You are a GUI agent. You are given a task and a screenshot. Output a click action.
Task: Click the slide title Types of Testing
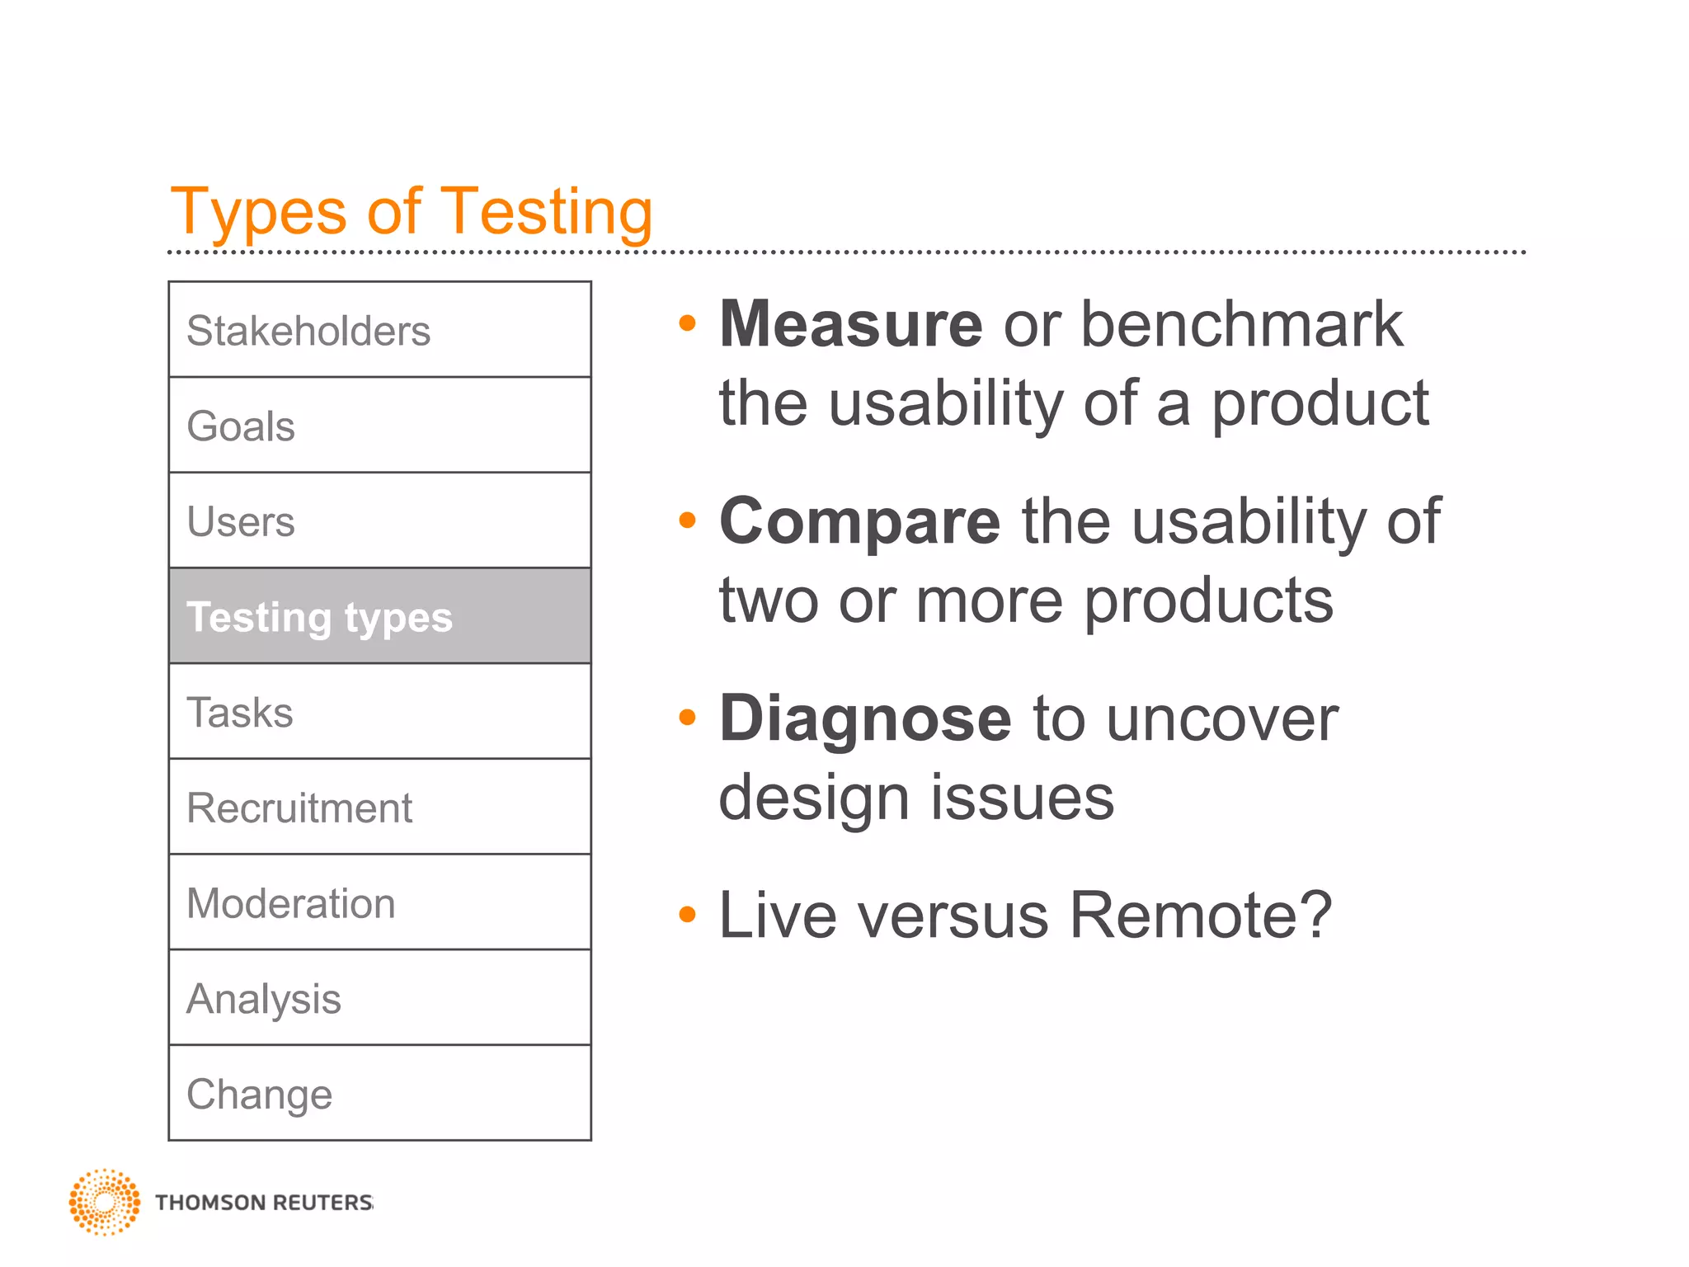tap(411, 211)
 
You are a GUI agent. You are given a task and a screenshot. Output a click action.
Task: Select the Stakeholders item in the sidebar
tap(379, 330)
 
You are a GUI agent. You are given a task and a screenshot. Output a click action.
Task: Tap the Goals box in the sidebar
tap(379, 426)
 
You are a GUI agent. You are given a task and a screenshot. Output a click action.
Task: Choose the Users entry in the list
tap(379, 521)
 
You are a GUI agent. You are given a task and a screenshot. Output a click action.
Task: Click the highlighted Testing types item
tap(379, 616)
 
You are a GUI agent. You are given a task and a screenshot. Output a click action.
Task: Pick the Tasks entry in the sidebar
tap(379, 712)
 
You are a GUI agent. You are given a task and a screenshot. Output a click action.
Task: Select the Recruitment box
tap(379, 808)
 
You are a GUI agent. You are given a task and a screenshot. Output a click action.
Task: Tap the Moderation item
tap(379, 902)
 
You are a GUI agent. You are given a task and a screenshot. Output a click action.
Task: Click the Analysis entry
tap(379, 998)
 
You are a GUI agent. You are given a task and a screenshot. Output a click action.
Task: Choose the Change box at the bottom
tap(379, 1094)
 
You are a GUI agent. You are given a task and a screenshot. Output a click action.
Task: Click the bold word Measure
tap(850, 324)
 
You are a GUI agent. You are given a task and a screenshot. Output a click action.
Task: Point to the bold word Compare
tap(859, 521)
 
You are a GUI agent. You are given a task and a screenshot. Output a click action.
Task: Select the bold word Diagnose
tap(864, 718)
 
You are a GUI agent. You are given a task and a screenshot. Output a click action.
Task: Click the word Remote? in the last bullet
tap(1200, 915)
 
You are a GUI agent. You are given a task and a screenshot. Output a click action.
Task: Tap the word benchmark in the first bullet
tap(1241, 324)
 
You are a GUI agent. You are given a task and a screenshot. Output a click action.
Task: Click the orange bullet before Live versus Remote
tap(687, 914)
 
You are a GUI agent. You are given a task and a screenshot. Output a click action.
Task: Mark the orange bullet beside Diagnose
tap(687, 717)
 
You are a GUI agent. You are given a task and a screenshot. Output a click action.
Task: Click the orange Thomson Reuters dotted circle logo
tap(104, 1202)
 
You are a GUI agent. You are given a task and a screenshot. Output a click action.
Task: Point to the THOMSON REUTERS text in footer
tap(264, 1203)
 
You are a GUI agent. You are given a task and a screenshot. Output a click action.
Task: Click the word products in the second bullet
tap(1207, 601)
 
